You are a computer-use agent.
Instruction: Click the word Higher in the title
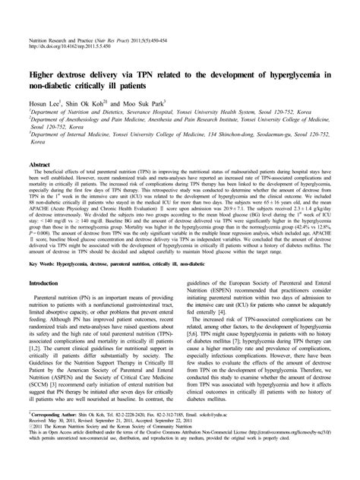[46, 75]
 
